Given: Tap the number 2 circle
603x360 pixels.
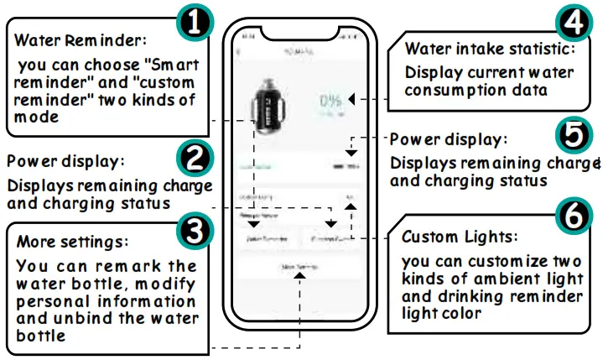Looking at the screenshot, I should coord(195,157).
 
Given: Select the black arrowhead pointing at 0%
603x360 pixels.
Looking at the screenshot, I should coord(352,99).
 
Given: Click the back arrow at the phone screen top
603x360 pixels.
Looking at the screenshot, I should coord(239,53).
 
